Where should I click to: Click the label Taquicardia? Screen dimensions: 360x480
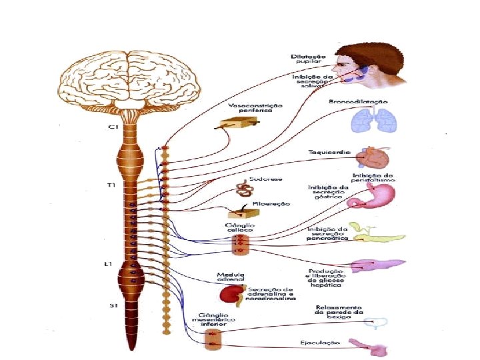[325, 152]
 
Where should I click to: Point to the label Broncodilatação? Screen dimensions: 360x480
[358, 102]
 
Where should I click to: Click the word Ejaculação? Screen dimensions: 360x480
[320, 343]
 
